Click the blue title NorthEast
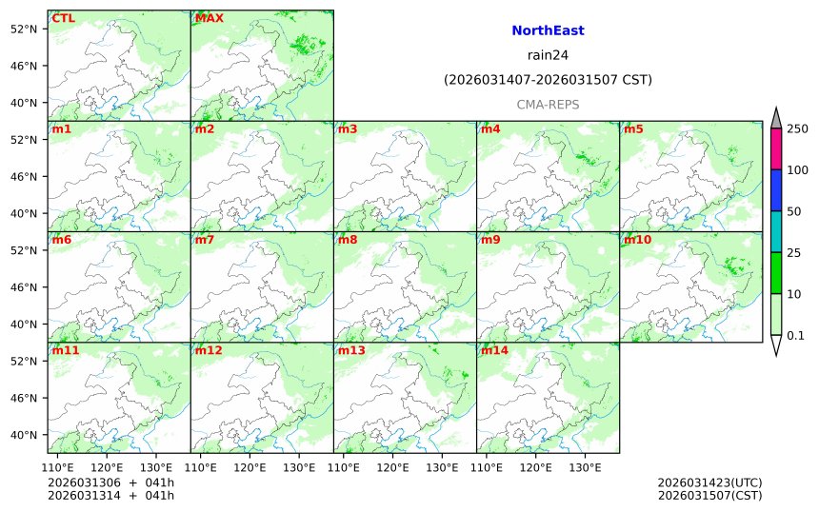point(548,30)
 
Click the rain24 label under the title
point(548,55)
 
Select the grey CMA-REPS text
point(548,105)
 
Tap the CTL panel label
point(64,18)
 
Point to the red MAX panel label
point(209,18)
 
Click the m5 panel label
point(633,129)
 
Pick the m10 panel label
point(637,240)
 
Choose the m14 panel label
point(494,350)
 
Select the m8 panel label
point(348,240)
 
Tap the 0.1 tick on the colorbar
point(795,335)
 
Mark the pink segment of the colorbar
point(776,149)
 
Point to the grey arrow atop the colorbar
point(776,118)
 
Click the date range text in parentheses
point(548,80)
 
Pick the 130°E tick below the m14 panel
point(585,467)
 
